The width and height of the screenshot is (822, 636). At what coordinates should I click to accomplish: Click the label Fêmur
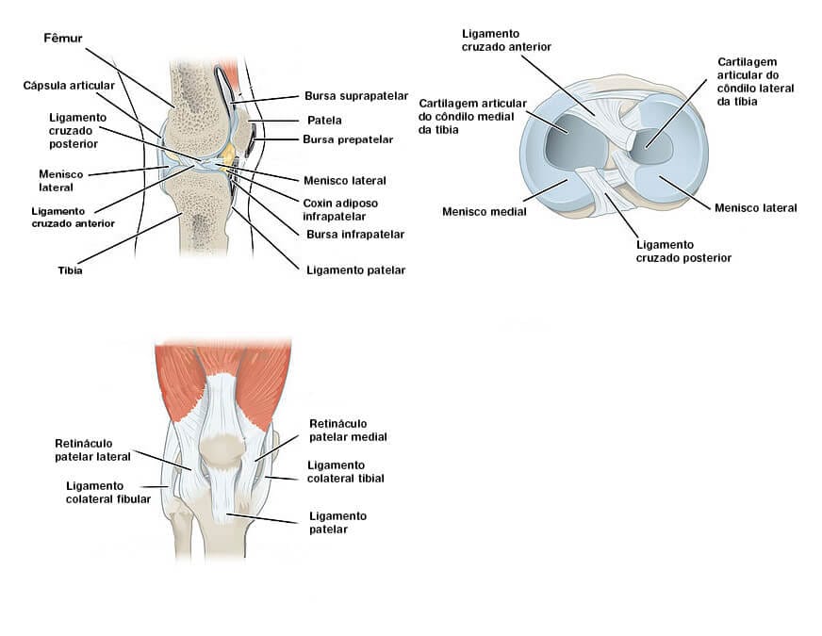(63, 39)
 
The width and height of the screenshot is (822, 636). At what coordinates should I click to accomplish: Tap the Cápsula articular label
(62, 85)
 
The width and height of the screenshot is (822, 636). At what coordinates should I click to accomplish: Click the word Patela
(323, 120)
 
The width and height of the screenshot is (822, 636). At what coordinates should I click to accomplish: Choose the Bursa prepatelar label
(347, 139)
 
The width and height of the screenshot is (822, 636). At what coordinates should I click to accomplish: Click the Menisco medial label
(484, 211)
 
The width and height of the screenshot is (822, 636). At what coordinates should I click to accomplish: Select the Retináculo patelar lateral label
(92, 449)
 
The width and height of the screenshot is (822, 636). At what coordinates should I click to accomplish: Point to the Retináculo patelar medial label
(348, 430)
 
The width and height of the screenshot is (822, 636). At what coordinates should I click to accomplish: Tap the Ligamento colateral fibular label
(107, 492)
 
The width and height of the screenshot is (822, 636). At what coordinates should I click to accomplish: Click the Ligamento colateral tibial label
(345, 471)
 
